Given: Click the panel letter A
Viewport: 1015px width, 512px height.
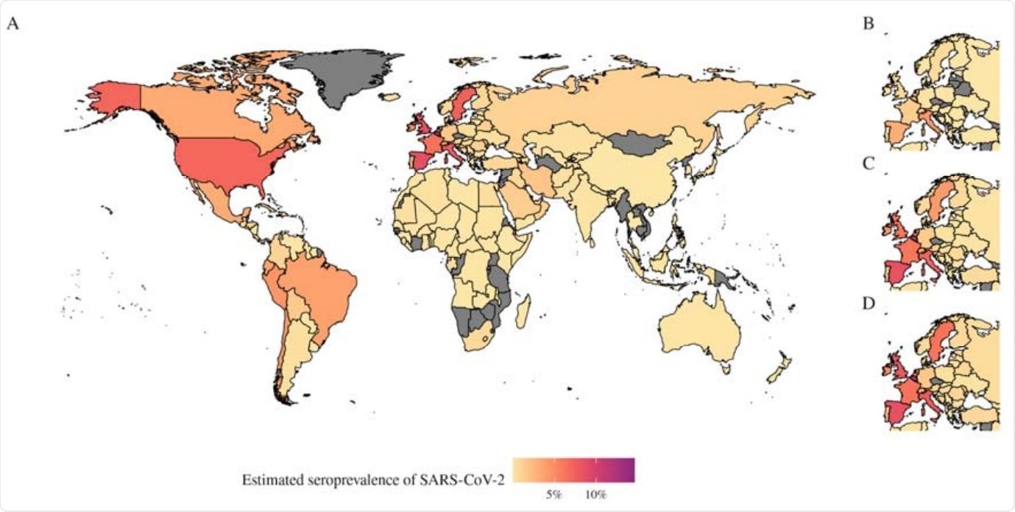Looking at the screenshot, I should [12, 24].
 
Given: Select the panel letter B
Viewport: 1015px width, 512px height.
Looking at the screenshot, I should [869, 24].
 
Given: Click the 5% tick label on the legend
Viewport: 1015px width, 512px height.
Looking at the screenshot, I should [554, 494].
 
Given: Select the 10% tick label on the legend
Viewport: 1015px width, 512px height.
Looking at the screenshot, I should [595, 494].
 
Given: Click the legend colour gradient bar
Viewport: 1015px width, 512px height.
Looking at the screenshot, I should [573, 469].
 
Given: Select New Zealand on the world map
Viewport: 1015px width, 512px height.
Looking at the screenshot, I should [780, 368].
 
